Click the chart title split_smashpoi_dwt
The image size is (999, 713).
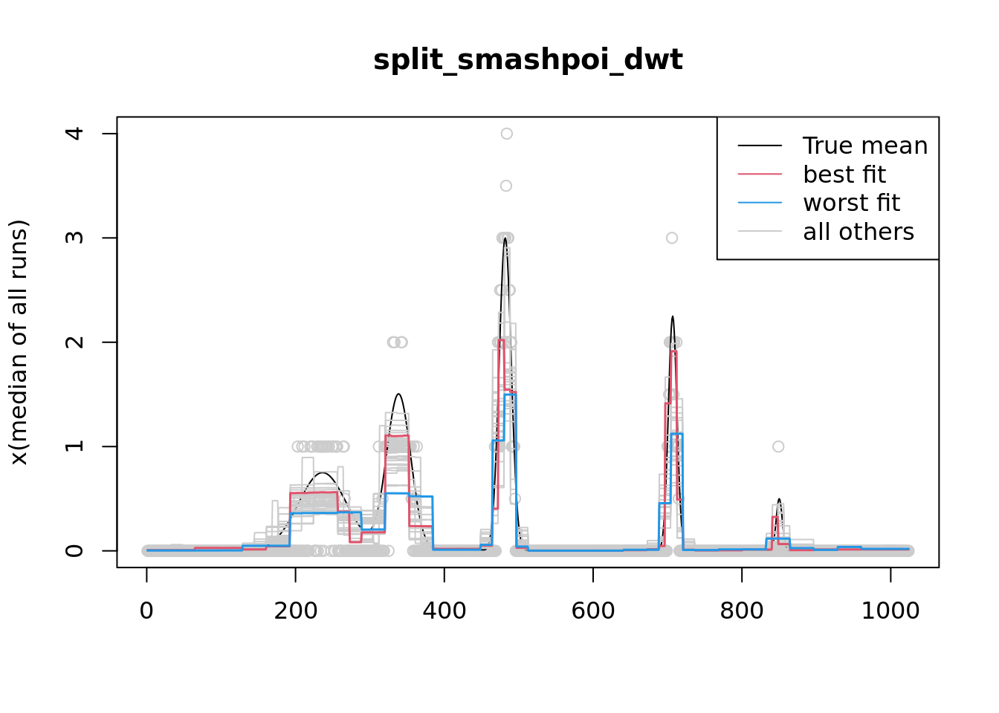pos(528,59)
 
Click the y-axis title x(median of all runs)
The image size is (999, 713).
pos(19,342)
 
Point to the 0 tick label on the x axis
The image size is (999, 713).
pos(146,611)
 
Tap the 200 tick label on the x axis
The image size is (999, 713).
pos(295,611)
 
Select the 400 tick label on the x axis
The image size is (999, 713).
pos(444,611)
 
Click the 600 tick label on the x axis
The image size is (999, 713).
pos(592,611)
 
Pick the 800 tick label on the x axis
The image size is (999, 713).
pos(741,611)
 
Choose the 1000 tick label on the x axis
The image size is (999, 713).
pos(890,611)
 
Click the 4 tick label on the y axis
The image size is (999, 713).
pos(74,134)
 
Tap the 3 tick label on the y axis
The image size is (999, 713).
pos(74,238)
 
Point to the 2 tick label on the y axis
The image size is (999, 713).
pos(74,342)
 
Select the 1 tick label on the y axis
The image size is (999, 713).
pos(74,446)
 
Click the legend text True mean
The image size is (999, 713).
pos(865,146)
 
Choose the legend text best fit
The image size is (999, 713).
pos(844,175)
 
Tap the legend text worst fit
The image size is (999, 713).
pos(851,203)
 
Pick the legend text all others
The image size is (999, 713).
pos(859,232)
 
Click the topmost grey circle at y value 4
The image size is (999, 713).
pos(507,134)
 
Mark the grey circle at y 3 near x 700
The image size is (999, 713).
pos(672,238)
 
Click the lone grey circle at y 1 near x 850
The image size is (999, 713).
pos(778,446)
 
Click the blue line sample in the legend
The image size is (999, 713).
pos(760,203)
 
